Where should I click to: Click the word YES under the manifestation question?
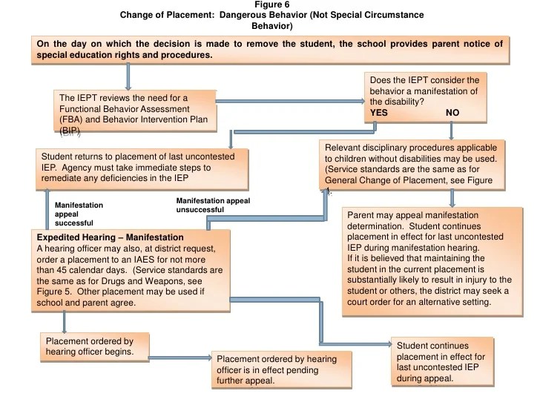tap(379, 113)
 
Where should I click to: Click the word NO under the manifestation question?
tap(453, 113)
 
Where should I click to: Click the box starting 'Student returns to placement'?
tap(137, 168)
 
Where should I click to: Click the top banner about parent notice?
tap(269, 49)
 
